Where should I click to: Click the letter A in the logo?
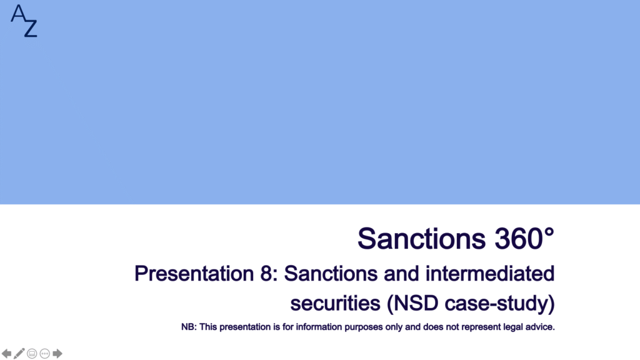(18, 14)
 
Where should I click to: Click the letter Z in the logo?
(31, 28)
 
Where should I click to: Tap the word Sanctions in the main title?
(422, 238)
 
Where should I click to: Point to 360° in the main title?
(524, 238)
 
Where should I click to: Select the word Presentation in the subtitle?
(194, 274)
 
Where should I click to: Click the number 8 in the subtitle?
(266, 274)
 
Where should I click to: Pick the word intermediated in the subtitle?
(490, 274)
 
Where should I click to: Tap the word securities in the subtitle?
(335, 303)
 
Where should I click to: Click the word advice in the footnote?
(539, 327)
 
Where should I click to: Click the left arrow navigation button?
(6, 354)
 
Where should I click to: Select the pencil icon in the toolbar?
(19, 354)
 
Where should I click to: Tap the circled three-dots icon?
(45, 354)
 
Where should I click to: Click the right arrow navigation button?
(57, 354)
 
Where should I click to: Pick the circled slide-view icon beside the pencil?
(32, 354)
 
